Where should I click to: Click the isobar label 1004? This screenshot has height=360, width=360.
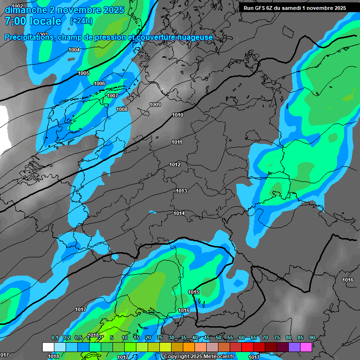click(74, 50)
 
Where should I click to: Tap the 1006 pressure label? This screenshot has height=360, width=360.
click(99, 83)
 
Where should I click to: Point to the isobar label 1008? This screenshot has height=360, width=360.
click(122, 109)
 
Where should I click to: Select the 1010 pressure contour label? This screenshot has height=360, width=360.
click(178, 115)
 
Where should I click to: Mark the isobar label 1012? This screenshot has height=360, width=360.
click(175, 165)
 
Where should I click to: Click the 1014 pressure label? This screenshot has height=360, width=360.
click(179, 213)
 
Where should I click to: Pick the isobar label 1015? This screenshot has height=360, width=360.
click(194, 292)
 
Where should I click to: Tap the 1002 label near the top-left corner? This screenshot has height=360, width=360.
click(17, 6)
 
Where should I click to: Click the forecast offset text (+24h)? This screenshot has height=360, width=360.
click(81, 21)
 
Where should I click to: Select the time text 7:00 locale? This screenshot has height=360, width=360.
click(33, 21)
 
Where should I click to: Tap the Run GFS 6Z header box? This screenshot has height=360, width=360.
click(295, 7)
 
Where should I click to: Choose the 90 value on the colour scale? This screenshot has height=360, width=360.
click(312, 337)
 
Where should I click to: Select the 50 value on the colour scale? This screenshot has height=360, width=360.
click(218, 337)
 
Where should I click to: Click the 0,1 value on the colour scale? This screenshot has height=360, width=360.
click(55, 337)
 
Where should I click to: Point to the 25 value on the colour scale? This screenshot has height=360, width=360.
click(160, 337)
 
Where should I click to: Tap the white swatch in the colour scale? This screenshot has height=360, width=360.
click(48, 347)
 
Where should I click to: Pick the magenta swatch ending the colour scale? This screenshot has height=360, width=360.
click(306, 347)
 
